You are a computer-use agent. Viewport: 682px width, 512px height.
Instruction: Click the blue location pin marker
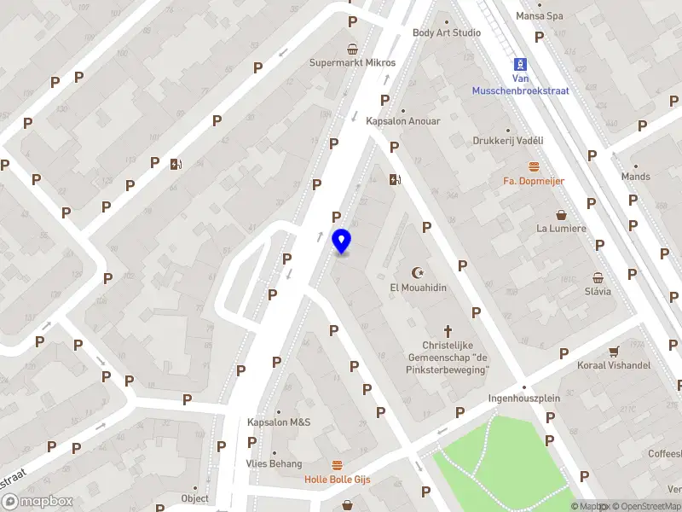coord(341,241)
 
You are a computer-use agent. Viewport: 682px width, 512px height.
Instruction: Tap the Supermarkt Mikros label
coord(352,62)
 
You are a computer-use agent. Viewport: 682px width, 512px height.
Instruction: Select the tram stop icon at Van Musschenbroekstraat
coord(520,64)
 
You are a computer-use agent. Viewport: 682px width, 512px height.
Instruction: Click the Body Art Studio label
coord(447,32)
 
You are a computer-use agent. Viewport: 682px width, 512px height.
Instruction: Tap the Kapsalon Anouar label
coord(403,121)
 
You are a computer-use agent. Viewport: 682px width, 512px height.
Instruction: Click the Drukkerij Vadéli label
coord(508,141)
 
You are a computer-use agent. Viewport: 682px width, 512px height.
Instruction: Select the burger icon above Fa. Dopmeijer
coord(534,166)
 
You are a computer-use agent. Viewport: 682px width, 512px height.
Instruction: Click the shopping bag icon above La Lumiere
coord(561,214)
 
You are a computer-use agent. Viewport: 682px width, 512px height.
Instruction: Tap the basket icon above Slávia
coord(598,277)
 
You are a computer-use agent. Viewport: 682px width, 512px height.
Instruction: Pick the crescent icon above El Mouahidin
coord(418,273)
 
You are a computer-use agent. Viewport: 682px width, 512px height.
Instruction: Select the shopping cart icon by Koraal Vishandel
coord(613,351)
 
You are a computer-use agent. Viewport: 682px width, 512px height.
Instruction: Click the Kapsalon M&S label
coord(279,422)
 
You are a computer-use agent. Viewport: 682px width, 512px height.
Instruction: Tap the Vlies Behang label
coord(275,463)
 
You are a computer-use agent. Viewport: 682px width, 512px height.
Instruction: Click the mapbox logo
coord(37,501)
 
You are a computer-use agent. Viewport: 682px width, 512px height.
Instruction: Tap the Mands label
coord(636,177)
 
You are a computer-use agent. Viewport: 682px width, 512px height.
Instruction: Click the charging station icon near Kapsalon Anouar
coord(393,179)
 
